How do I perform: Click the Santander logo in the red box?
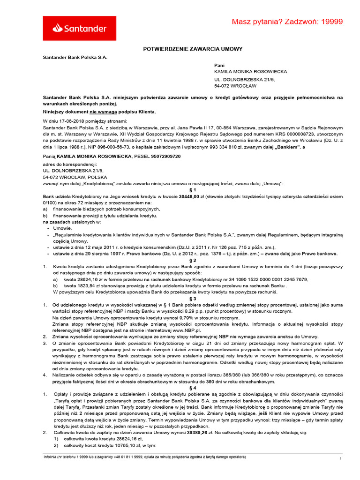(80, 29)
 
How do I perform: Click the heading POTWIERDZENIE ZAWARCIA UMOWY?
(193, 49)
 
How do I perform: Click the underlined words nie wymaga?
(104, 112)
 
